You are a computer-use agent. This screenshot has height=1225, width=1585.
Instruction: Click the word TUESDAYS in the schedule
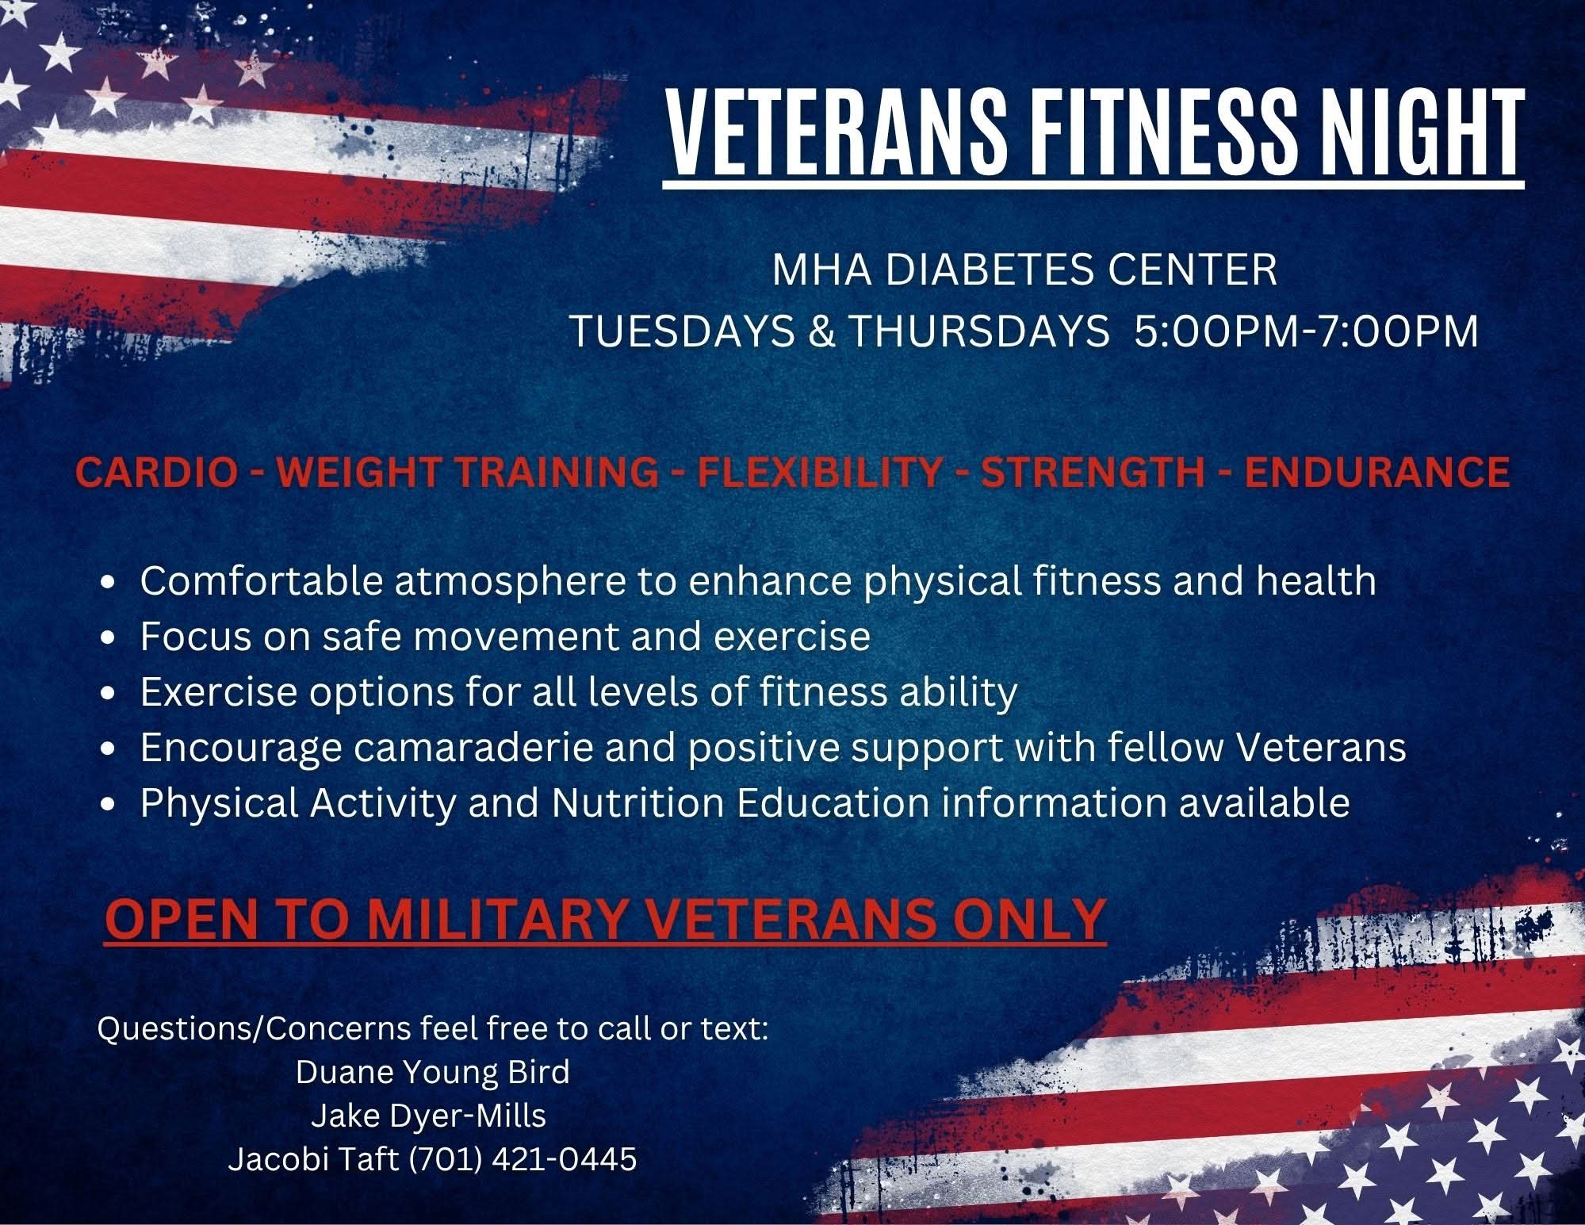pos(683,331)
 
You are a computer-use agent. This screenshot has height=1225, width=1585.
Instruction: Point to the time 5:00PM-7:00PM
pos(1307,331)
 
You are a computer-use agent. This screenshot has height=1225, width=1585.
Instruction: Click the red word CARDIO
pos(156,473)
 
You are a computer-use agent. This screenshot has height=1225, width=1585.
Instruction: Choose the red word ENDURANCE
pos(1376,473)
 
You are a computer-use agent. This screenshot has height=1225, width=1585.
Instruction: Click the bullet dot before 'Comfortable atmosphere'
pos(110,583)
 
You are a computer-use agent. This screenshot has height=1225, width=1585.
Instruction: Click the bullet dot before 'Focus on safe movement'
pos(110,638)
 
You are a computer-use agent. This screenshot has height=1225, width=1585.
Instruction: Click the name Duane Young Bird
pos(433,1072)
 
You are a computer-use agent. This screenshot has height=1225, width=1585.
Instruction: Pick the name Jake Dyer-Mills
pos(428,1116)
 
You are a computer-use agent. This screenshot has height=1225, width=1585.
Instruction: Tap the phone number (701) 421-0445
pos(523,1160)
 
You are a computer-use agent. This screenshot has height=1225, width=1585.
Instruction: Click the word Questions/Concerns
pos(254,1029)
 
